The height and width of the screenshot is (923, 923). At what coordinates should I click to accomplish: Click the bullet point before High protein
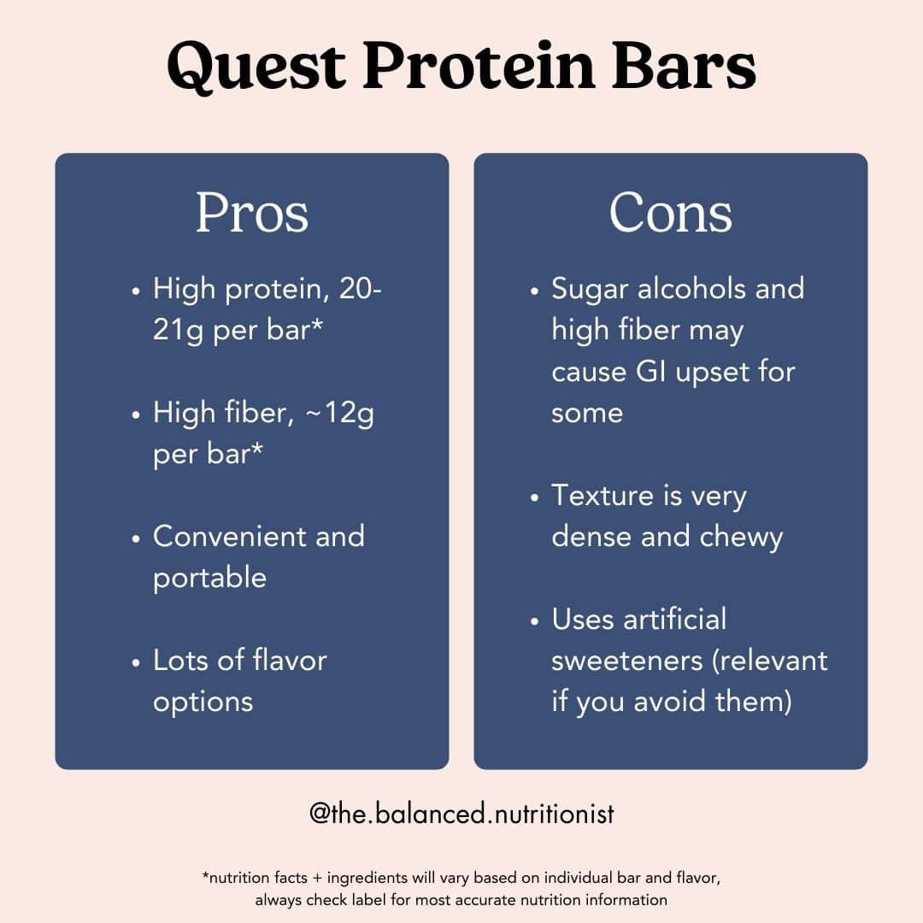coord(136,291)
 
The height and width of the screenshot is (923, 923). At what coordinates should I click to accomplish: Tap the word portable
coord(209,578)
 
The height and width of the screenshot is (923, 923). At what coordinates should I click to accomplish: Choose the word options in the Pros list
coord(203,702)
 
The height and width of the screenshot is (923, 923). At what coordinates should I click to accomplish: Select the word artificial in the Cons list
coord(676,619)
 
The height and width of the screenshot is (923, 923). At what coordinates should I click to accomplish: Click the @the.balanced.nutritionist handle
coord(461,814)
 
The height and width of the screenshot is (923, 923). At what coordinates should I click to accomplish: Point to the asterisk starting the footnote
coord(205,877)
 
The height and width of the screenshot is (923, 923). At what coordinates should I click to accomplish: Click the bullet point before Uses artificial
coord(534,620)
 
